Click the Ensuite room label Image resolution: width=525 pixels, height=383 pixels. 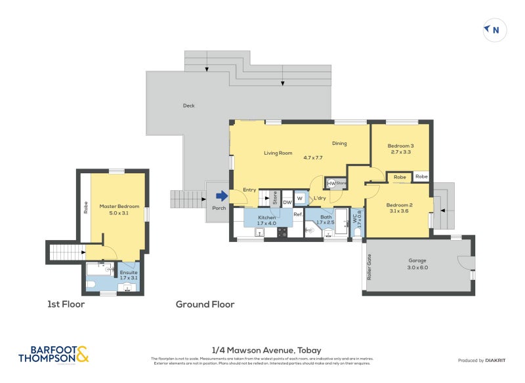pyautogui.click(x=128, y=272)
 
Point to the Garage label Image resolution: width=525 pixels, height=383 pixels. pyautogui.click(x=417, y=260)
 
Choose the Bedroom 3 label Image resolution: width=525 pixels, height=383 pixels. pyautogui.click(x=400, y=146)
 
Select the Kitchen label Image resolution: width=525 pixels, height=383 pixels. pyautogui.click(x=266, y=216)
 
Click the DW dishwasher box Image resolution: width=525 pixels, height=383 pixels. pyautogui.click(x=287, y=202)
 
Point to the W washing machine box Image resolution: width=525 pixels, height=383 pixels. pyautogui.click(x=300, y=198)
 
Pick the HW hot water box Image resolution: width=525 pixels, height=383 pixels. pyautogui.click(x=331, y=183)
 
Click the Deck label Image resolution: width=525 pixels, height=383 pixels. pyautogui.click(x=188, y=106)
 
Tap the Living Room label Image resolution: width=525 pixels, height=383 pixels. pyautogui.click(x=278, y=153)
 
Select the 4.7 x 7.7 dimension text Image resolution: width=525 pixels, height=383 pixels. pyautogui.click(x=313, y=157)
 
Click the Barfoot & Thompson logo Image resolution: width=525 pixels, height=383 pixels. pyautogui.click(x=54, y=354)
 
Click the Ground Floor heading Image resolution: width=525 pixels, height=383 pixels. pyautogui.click(x=205, y=304)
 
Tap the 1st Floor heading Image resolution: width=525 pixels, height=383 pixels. pyautogui.click(x=66, y=304)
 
